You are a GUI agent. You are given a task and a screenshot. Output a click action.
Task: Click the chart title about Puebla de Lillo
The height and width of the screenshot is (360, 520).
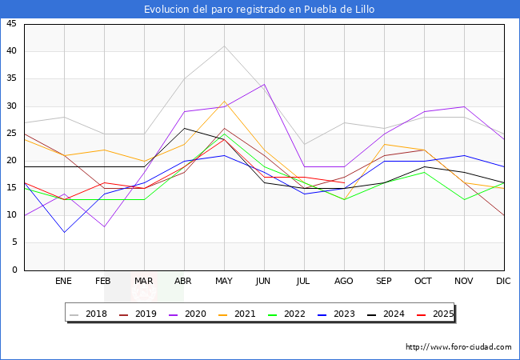(259, 10)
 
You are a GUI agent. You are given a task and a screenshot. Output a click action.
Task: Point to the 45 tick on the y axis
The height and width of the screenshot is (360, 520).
(11, 24)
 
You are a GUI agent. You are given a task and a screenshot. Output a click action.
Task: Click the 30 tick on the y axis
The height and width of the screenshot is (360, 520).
(11, 106)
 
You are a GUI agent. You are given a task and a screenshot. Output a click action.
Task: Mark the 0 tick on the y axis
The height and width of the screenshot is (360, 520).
(14, 270)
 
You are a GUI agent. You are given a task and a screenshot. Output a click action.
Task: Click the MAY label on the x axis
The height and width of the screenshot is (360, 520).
(224, 282)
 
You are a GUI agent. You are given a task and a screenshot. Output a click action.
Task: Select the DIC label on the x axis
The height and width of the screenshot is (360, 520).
(503, 282)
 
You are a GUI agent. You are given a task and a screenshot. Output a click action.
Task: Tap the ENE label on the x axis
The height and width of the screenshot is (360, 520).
(64, 282)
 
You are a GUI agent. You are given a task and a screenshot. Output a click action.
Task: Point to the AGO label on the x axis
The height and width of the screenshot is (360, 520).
(343, 282)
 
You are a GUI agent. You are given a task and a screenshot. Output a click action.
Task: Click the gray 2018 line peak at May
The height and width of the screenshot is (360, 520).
(224, 46)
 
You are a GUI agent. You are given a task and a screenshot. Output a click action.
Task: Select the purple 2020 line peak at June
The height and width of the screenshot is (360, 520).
(264, 84)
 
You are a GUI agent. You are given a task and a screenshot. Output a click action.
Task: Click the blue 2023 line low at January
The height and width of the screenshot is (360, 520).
(64, 232)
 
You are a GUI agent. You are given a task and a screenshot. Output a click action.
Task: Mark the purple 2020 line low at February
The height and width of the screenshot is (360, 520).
(104, 226)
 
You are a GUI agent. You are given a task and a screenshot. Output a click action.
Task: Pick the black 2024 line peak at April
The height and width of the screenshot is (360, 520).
(184, 128)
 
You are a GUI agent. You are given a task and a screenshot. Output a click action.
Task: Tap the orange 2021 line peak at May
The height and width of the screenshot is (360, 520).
(224, 101)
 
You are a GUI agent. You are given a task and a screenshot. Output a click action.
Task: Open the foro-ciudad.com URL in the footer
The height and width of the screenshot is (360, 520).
(458, 347)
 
